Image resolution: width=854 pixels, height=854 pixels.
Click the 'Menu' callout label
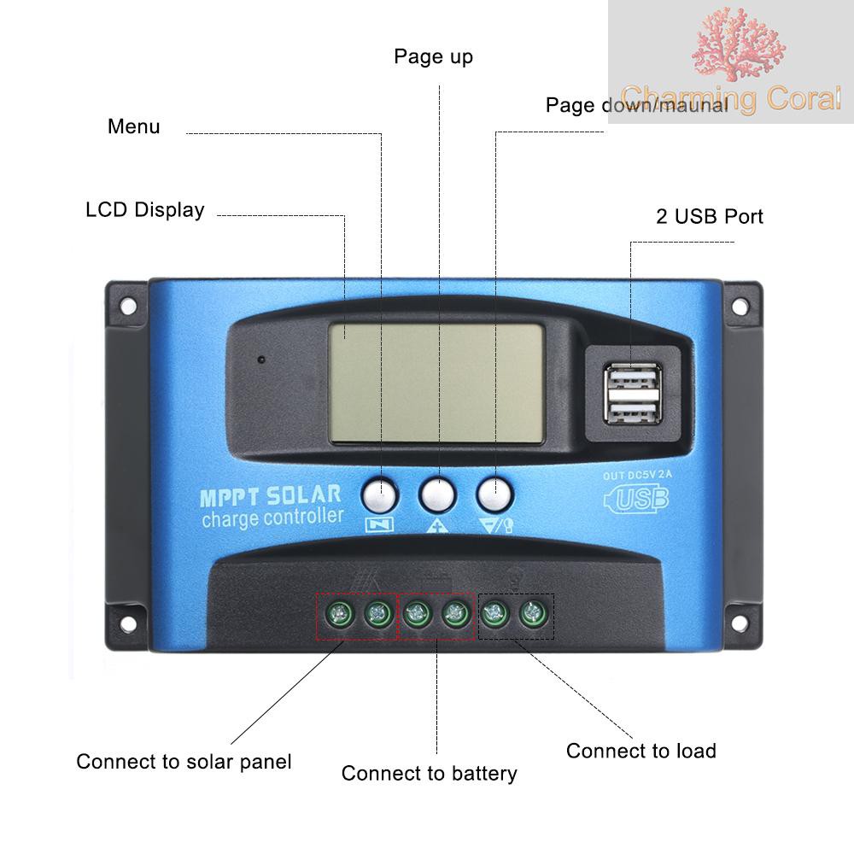(x=133, y=127)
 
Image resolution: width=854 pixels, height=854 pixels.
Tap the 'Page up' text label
(x=433, y=57)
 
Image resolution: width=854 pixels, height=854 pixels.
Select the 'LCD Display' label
(x=145, y=210)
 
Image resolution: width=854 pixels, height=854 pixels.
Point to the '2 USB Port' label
(x=709, y=216)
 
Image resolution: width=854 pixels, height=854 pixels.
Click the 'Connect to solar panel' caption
(x=184, y=761)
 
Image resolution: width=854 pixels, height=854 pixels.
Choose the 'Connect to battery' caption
(x=429, y=774)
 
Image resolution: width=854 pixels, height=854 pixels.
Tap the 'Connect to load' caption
(x=640, y=751)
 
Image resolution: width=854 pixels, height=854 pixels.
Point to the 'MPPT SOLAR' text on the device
(x=269, y=495)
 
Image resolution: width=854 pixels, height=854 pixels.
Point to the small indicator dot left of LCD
(x=260, y=359)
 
